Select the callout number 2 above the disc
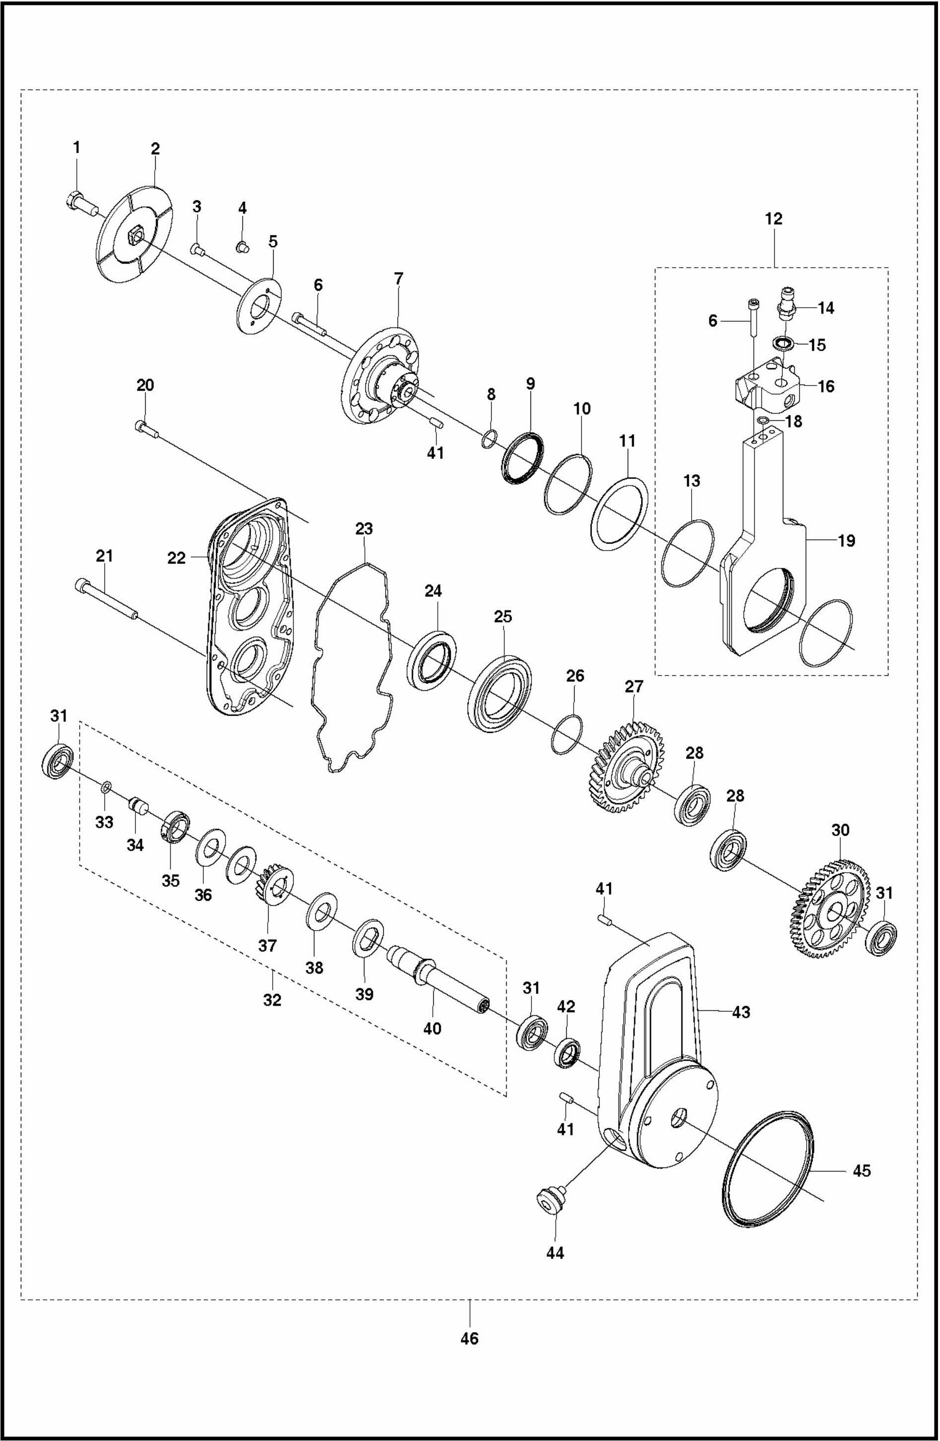click(x=155, y=149)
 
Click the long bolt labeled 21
click(x=107, y=600)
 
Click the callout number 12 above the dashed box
click(x=773, y=219)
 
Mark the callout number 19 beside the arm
click(x=846, y=540)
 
